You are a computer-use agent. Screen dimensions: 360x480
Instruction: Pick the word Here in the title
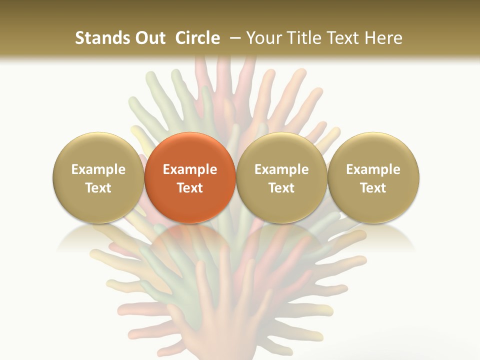pyautogui.click(x=384, y=38)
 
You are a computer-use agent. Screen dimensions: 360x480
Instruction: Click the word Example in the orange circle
pyautogui.click(x=190, y=169)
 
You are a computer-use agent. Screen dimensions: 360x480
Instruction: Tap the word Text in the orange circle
pyautogui.click(x=190, y=188)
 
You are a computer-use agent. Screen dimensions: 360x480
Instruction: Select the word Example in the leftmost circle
pyautogui.click(x=98, y=169)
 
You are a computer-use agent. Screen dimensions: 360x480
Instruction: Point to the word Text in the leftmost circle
pyautogui.click(x=98, y=188)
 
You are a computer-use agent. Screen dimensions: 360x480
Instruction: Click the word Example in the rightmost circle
pyautogui.click(x=373, y=169)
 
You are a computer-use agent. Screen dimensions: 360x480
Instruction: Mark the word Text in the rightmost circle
pyautogui.click(x=373, y=188)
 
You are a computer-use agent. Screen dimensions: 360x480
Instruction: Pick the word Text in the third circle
pyautogui.click(x=281, y=188)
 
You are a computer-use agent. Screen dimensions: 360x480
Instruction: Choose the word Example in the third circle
pyautogui.click(x=281, y=169)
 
